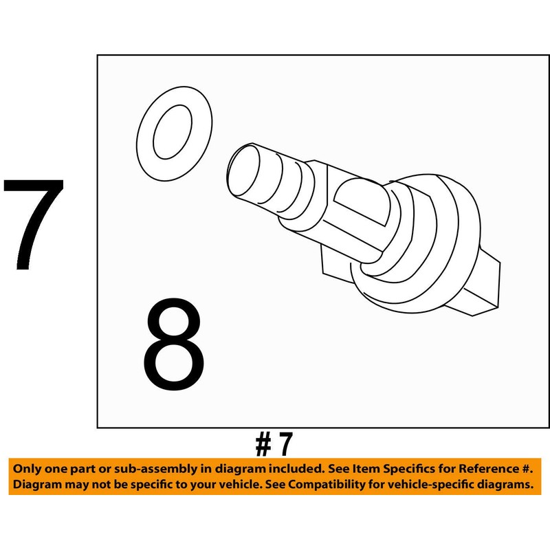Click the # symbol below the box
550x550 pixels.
pos(264,445)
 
